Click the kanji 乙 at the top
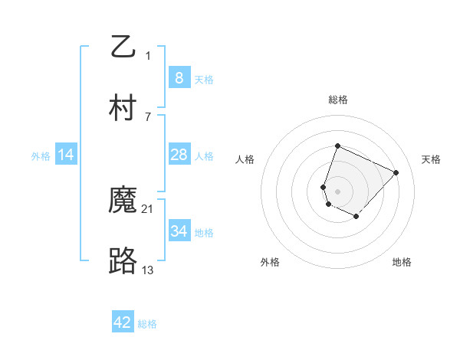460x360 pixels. (123, 47)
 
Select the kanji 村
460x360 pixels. (123, 108)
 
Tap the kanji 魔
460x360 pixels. (123, 200)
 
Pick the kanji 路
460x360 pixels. (123, 261)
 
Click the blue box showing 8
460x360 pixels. (179, 77)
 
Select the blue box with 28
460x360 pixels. (179, 155)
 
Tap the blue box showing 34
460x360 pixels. (179, 231)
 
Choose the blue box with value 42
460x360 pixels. (123, 322)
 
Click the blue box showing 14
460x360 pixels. (66, 155)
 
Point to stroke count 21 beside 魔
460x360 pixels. (148, 208)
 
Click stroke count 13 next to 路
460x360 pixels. (148, 270)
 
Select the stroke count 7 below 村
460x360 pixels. (148, 116)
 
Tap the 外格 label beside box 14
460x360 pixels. (41, 155)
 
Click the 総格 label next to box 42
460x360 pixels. (147, 324)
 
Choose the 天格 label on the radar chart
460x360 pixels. (432, 159)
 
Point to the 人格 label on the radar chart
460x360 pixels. (245, 159)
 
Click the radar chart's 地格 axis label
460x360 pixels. (402, 262)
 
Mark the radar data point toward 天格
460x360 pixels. (396, 172)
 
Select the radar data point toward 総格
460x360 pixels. (337, 146)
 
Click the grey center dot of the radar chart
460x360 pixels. (338, 191)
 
